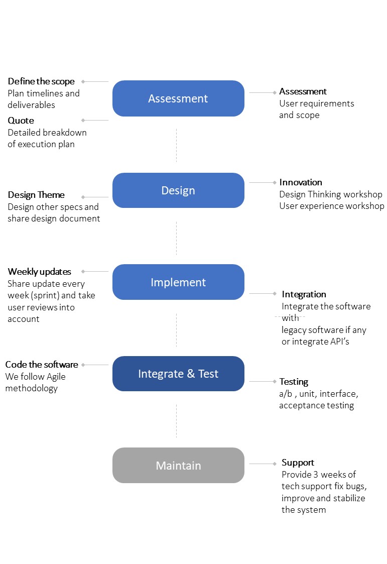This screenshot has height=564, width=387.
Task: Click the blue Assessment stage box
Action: click(x=178, y=98)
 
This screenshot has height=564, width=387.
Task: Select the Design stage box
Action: click(x=178, y=190)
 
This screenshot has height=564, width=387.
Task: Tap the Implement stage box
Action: click(x=178, y=282)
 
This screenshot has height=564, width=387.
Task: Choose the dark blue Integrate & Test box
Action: click(x=178, y=374)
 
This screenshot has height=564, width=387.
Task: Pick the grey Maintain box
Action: click(x=178, y=466)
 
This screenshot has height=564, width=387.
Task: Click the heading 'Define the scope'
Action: click(x=41, y=82)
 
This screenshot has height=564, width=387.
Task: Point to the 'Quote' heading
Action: click(x=21, y=121)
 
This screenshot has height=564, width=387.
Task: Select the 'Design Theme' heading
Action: click(x=36, y=195)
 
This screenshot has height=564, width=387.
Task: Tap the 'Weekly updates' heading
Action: click(x=40, y=272)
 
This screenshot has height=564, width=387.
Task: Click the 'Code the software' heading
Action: click(x=42, y=365)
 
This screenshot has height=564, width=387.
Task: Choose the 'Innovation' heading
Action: click(x=301, y=182)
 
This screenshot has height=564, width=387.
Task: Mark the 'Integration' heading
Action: click(x=304, y=294)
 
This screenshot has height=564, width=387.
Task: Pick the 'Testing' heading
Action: click(x=294, y=382)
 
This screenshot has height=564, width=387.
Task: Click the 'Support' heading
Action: click(x=298, y=463)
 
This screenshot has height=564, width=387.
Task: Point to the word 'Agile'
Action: click(x=56, y=377)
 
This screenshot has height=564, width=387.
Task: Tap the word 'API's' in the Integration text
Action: click(x=340, y=342)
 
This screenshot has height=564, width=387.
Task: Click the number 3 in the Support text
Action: click(x=316, y=475)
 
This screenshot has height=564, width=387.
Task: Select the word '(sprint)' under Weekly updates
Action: click(x=45, y=295)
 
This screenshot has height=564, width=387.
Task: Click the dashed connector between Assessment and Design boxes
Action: click(x=176, y=145)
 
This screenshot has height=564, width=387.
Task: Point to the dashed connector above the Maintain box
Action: click(x=176, y=421)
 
